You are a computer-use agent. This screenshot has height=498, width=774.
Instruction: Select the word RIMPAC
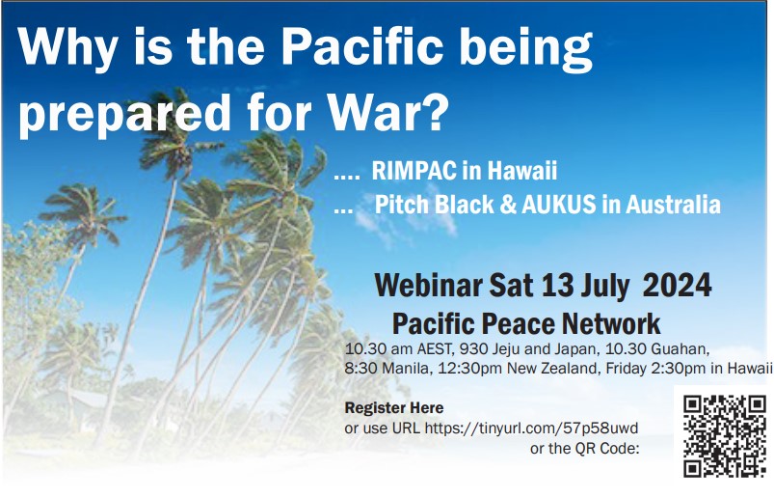coord(414,171)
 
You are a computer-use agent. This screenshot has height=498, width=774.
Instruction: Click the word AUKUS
coord(558,205)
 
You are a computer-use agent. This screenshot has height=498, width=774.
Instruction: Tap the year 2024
coord(677,285)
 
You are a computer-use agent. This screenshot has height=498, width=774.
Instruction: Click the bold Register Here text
coord(394,408)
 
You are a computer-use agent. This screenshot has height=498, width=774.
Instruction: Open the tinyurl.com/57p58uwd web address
coord(531,428)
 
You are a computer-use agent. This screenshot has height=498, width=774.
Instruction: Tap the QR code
coord(724,436)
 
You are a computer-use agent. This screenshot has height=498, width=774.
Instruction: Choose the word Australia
coord(674,205)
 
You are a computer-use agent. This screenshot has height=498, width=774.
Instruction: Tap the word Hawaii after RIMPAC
coord(522,171)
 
